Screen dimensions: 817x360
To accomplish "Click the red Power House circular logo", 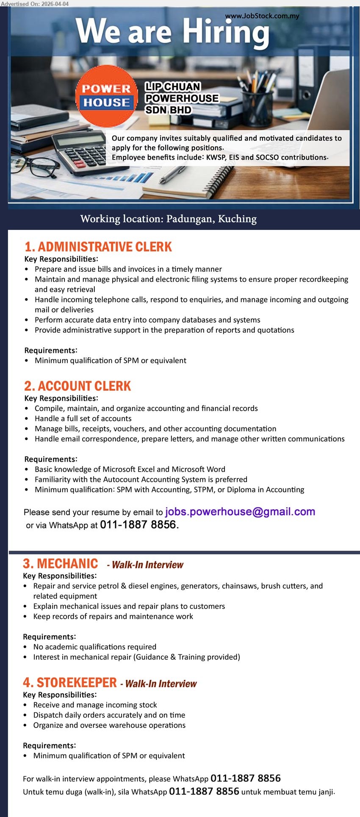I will tap(107, 96).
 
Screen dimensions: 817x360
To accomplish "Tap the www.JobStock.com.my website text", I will tap(262, 16).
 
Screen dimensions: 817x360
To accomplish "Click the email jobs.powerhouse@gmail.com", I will tap(240, 512).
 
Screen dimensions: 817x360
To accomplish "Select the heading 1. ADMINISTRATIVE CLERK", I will tap(98, 247).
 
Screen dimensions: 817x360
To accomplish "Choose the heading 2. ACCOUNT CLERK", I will tap(78, 386).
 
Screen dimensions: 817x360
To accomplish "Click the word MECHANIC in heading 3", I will tap(67, 564).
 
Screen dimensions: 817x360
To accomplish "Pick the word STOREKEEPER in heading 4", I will tap(76, 683).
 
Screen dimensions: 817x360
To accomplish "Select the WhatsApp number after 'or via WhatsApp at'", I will tap(138, 525).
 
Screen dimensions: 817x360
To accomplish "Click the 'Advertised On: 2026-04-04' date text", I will tap(35, 3).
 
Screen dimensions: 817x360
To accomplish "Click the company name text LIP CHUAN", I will tap(173, 87).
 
